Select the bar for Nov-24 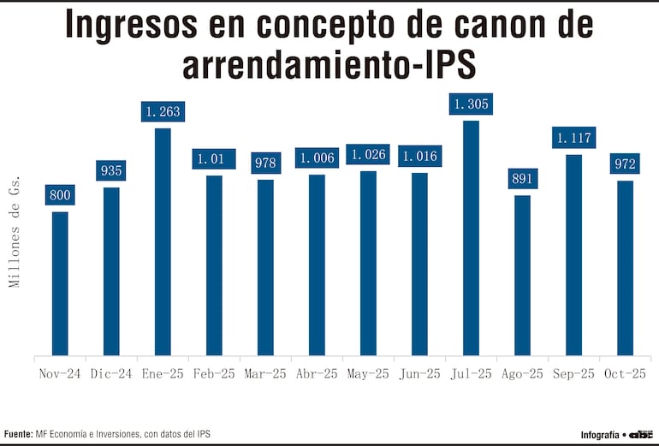click(60, 282)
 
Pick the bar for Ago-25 click(522, 275)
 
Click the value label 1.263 click(163, 111)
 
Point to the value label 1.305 click(471, 104)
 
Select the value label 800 click(60, 195)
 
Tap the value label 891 click(522, 179)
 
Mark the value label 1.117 click(573, 138)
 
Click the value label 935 click(111, 170)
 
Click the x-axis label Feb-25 click(214, 374)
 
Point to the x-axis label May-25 click(368, 374)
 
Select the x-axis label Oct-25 click(625, 374)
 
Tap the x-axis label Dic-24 click(111, 374)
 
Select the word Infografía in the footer click(599, 434)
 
